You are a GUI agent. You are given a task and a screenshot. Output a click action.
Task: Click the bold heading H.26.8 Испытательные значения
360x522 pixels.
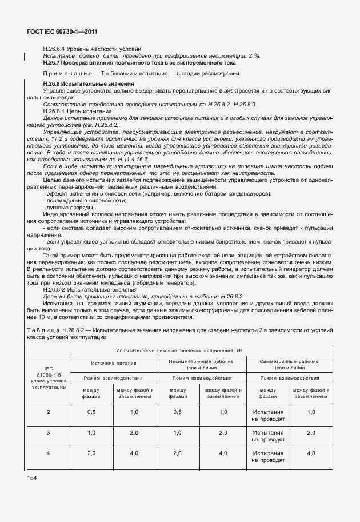(x=88, y=84)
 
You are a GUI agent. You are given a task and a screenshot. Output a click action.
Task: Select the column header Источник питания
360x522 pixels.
(x=113, y=362)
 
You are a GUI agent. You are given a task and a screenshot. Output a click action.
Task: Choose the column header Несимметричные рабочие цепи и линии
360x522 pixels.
(x=201, y=365)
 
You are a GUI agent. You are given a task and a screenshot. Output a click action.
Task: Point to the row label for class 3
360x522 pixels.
(x=48, y=433)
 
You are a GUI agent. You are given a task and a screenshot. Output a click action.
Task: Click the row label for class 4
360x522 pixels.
(x=48, y=453)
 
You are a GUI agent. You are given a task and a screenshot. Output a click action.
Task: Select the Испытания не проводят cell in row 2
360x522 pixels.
(x=268, y=416)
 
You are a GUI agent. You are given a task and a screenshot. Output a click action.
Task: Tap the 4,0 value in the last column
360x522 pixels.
(x=311, y=453)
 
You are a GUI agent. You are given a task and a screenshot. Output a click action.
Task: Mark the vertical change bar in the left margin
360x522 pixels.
(x=24, y=55)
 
